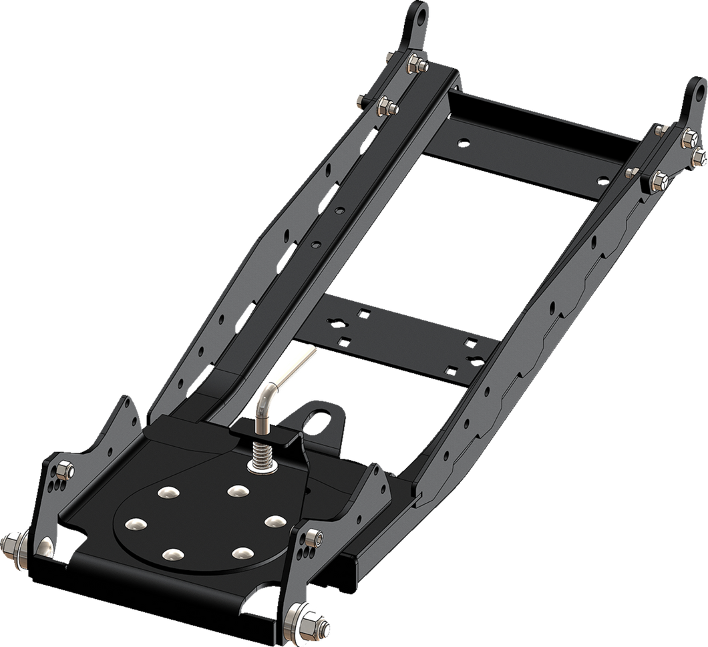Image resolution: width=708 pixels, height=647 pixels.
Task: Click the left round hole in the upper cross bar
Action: (x=462, y=143)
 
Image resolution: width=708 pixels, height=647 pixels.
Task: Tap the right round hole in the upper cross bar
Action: (x=602, y=179)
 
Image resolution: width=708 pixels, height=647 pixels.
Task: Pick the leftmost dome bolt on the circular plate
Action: (x=136, y=523)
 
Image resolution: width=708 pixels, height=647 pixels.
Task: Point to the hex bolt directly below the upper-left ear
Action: (x=413, y=63)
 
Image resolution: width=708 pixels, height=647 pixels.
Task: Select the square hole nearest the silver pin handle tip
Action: (x=345, y=341)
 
